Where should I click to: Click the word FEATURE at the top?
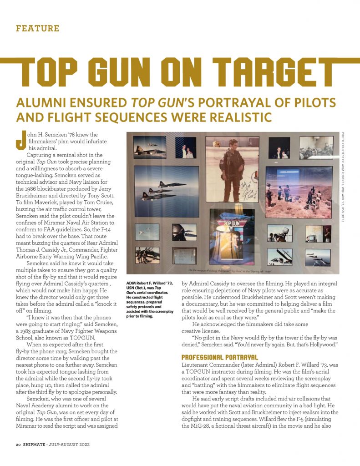[38, 28]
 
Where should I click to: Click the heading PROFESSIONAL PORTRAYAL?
[214, 357]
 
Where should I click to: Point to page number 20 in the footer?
[19, 445]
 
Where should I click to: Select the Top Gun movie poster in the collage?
[232, 238]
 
